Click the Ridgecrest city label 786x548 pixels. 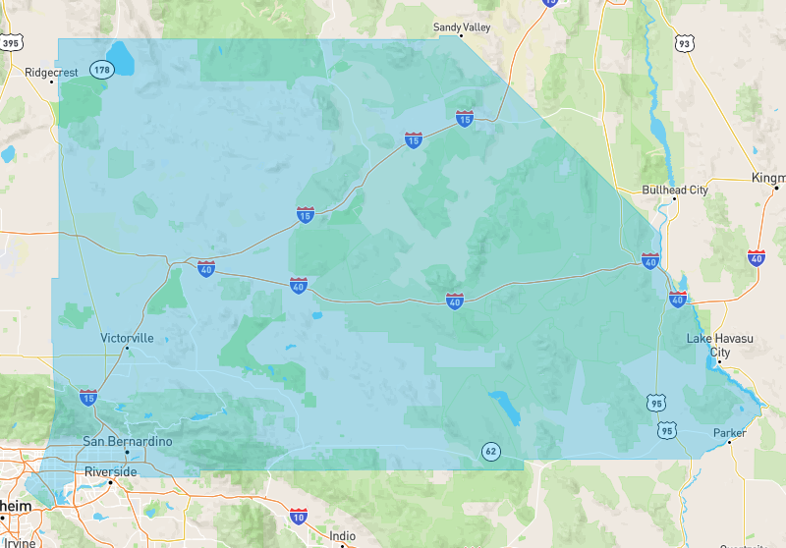tap(51, 72)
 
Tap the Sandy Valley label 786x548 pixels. tap(462, 27)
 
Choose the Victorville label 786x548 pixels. tap(127, 338)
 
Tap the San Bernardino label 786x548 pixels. tap(127, 442)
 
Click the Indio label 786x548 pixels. tap(342, 535)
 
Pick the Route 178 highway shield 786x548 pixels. tap(101, 69)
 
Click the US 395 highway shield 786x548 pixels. tap(11, 43)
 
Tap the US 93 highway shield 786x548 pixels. tap(684, 43)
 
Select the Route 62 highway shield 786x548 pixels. tap(489, 452)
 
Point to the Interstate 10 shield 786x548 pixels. tap(299, 516)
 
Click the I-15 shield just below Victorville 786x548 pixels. tap(88, 398)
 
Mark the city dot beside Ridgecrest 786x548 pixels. tap(52, 82)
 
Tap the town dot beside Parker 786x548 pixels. tap(730, 444)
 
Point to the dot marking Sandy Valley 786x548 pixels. tap(462, 37)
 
